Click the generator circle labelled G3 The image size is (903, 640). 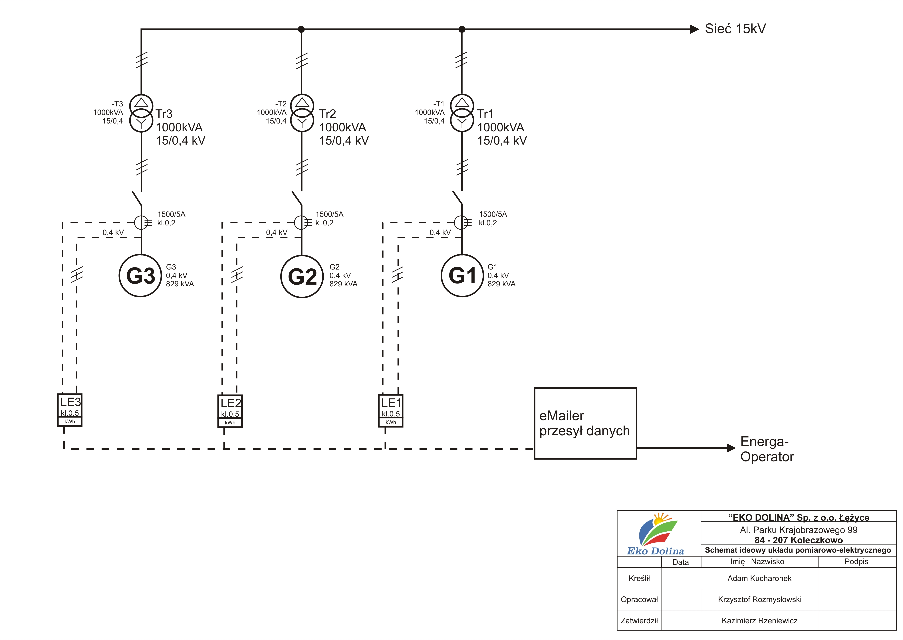[x=141, y=276]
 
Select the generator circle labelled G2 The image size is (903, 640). [x=302, y=277]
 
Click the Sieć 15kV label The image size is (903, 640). [x=735, y=29]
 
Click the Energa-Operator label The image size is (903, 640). [x=767, y=449]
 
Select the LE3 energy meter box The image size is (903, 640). [x=70, y=410]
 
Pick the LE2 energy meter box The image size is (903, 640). [x=230, y=411]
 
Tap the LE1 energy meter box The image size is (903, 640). [x=391, y=411]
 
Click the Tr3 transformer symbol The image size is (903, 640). [x=141, y=113]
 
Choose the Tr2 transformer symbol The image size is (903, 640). [x=302, y=113]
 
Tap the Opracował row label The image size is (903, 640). [x=639, y=599]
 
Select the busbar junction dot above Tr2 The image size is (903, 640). [x=301, y=29]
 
